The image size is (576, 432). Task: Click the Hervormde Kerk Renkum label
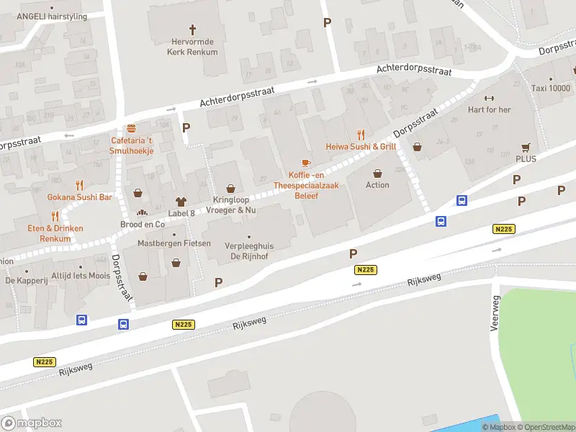pyautogui.click(x=192, y=46)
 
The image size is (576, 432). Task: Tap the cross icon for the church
pyautogui.click(x=192, y=30)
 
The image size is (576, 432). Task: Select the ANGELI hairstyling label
pyautogui.click(x=51, y=17)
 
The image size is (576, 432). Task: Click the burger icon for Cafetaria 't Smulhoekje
pyautogui.click(x=131, y=127)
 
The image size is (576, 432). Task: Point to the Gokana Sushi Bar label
pyautogui.click(x=80, y=197)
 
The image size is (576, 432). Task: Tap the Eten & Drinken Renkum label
pyautogui.click(x=55, y=233)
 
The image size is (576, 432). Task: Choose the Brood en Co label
pyautogui.click(x=143, y=224)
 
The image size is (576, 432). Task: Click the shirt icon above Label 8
pyautogui.click(x=181, y=201)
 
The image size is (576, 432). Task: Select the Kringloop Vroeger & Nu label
pyautogui.click(x=234, y=204)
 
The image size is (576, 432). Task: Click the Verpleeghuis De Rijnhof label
pyautogui.click(x=249, y=251)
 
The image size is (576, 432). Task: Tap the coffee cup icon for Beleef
pyautogui.click(x=306, y=163)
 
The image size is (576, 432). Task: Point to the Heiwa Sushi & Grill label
pyautogui.click(x=361, y=146)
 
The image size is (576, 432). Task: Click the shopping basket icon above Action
pyautogui.click(x=377, y=173)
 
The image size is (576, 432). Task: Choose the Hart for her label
pyautogui.click(x=490, y=109)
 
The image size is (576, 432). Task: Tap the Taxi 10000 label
pyautogui.click(x=550, y=88)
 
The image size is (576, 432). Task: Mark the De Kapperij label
pyautogui.click(x=27, y=280)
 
